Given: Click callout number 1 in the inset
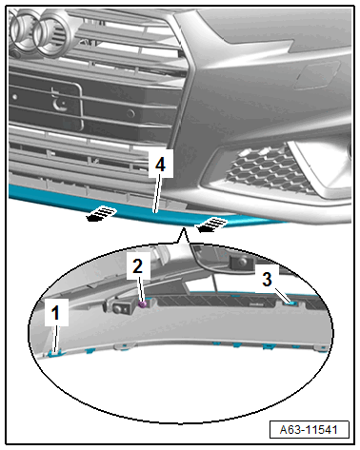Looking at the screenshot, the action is coord(56,312).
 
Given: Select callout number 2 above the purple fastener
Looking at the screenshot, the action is coord(138,265).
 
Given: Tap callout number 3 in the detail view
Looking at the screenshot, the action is coord(267,279).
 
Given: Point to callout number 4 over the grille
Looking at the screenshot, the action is coord(161,165).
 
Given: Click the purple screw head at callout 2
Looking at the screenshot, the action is coord(143,304).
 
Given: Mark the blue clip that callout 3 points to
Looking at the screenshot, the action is coord(291,303).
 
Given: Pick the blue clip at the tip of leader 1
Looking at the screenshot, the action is coord(54,353).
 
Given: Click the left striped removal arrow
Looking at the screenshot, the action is coord(101,213).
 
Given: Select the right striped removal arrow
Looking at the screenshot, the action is coord(210,224).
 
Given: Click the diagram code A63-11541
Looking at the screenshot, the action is coord(309,430).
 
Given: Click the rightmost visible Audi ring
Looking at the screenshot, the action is coord(52,33).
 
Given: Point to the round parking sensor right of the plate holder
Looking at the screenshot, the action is coord(130,113).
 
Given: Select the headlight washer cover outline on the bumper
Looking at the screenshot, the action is coord(316,74).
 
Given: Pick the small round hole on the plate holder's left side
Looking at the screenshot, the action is coord(14,97).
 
